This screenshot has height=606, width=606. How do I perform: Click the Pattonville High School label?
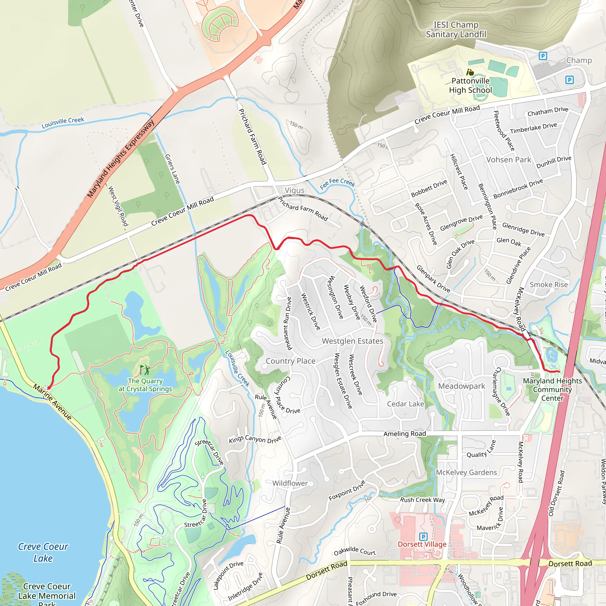pos(470,86)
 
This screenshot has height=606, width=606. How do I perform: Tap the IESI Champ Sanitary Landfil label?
pos(456,30)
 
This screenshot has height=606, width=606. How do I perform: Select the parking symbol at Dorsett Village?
pos(423,536)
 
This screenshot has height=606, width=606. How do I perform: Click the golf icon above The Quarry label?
pos(145,370)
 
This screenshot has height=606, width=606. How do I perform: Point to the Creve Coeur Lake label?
pos(43,552)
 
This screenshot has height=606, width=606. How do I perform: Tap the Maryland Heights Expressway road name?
pos(121,158)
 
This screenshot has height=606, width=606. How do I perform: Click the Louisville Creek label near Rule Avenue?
pos(237,368)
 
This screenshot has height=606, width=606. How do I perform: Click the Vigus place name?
pos(294,190)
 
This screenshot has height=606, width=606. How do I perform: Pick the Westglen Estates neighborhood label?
pos(352,341)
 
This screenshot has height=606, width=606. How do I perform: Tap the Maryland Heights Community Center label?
pos(552,389)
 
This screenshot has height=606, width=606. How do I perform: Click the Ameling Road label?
pos(404,434)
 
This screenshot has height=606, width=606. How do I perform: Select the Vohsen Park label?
pos(508,160)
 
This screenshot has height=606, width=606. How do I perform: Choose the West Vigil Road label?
pos(118,206)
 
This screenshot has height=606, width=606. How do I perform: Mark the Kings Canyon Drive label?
pos(255,439)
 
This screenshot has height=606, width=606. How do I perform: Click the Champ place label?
pos(579,60)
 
